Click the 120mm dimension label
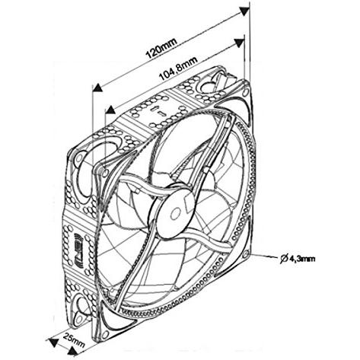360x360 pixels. click(x=161, y=48)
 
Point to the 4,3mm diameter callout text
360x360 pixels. click(x=302, y=259)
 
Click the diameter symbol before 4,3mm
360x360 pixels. click(x=284, y=259)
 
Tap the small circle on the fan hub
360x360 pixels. click(x=174, y=214)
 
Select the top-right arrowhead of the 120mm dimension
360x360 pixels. click(x=245, y=11)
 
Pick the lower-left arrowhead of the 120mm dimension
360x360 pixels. click(x=97, y=88)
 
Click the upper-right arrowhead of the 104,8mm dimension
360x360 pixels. click(x=239, y=43)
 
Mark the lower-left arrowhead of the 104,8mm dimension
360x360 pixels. click(x=110, y=110)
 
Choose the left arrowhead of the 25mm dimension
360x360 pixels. click(x=53, y=342)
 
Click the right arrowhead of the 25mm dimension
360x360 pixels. click(x=73, y=352)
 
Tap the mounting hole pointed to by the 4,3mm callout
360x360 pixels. click(x=246, y=253)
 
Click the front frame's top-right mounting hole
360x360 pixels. click(x=245, y=92)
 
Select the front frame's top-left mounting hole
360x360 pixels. click(x=105, y=172)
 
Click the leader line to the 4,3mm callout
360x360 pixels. click(x=264, y=256)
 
